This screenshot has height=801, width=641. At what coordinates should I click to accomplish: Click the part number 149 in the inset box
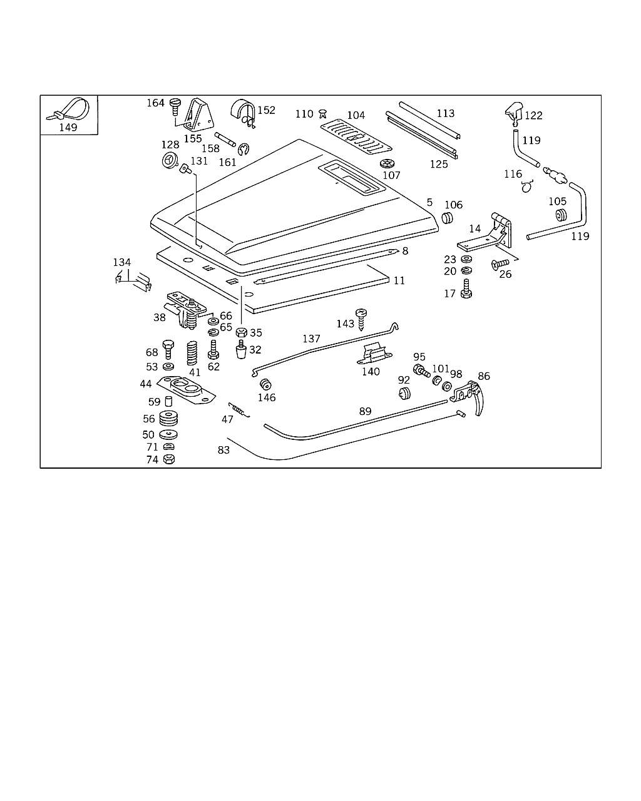[x=68, y=127]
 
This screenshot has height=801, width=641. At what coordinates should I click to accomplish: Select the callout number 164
[x=155, y=103]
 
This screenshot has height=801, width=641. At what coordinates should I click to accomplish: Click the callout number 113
[x=446, y=113]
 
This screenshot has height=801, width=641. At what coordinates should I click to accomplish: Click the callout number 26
[x=505, y=273]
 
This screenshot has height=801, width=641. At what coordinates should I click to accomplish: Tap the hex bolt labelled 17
[x=465, y=290]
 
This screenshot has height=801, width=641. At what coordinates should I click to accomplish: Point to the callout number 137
[x=311, y=339]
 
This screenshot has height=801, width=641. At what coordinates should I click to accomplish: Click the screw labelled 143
[x=361, y=318]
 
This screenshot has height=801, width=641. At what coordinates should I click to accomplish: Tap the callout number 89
[x=365, y=411]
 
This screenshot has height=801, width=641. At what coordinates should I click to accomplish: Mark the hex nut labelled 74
[x=168, y=459]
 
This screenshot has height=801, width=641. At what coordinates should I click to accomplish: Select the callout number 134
[x=121, y=262]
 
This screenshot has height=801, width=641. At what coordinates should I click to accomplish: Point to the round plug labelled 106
[x=447, y=218]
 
